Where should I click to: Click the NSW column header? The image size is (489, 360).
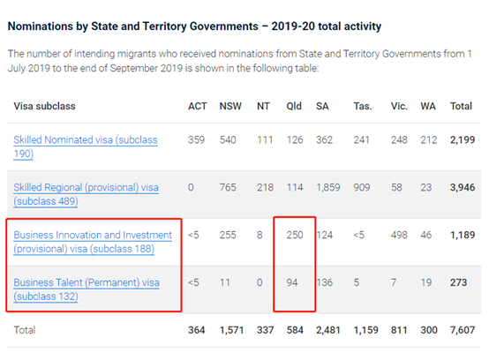(230, 106)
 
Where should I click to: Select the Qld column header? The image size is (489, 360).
(294, 106)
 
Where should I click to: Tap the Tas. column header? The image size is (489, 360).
(363, 106)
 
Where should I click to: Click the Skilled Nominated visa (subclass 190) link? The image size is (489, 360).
(86, 146)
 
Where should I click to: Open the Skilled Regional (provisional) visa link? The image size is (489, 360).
(87, 194)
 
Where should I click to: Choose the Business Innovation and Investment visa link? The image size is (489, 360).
(93, 242)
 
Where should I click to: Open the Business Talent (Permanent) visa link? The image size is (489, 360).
(87, 289)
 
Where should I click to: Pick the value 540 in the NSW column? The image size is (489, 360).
(228, 140)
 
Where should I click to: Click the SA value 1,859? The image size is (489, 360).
(328, 188)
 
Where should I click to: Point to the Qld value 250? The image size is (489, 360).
(295, 235)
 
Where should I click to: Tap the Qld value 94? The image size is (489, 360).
(292, 282)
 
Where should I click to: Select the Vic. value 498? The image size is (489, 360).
(399, 235)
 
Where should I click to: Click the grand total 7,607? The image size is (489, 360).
(463, 330)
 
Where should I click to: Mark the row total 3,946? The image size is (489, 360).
(463, 188)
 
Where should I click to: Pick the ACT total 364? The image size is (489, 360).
(197, 330)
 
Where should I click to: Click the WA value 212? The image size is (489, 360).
(429, 140)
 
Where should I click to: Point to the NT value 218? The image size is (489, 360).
(265, 188)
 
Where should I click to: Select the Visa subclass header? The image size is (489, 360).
(45, 106)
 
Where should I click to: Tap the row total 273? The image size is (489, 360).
(458, 282)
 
